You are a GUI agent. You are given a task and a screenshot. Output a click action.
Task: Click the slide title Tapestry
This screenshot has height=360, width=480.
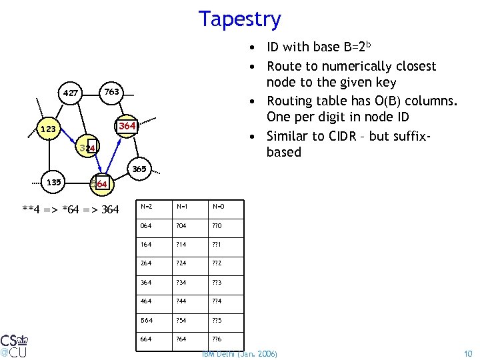[x=239, y=19]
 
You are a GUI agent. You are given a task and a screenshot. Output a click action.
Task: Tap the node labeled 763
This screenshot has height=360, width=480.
[x=111, y=91]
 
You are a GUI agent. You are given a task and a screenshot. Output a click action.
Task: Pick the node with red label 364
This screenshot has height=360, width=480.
[x=127, y=125]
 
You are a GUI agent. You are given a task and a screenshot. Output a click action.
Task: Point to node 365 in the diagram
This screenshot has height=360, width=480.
[x=139, y=169]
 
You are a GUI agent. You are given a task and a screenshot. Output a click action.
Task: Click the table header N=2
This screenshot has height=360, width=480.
[x=146, y=207]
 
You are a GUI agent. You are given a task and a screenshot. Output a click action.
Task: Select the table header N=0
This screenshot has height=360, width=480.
[x=218, y=207]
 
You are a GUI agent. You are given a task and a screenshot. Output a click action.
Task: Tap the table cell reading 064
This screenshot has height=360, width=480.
[x=145, y=225]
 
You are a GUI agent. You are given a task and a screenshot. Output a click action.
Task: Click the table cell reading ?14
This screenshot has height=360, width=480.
[x=182, y=244]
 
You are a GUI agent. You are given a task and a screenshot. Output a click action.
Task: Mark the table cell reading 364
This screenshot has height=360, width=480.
[x=145, y=283]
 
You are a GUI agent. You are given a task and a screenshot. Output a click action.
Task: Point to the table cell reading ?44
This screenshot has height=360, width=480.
[x=182, y=301]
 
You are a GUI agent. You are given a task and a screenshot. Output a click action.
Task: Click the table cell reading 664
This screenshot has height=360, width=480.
[x=145, y=339]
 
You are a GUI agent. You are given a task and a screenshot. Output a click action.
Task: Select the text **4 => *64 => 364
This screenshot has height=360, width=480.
[x=71, y=210]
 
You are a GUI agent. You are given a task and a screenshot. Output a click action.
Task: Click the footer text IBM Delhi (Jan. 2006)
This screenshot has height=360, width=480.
[x=239, y=352]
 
